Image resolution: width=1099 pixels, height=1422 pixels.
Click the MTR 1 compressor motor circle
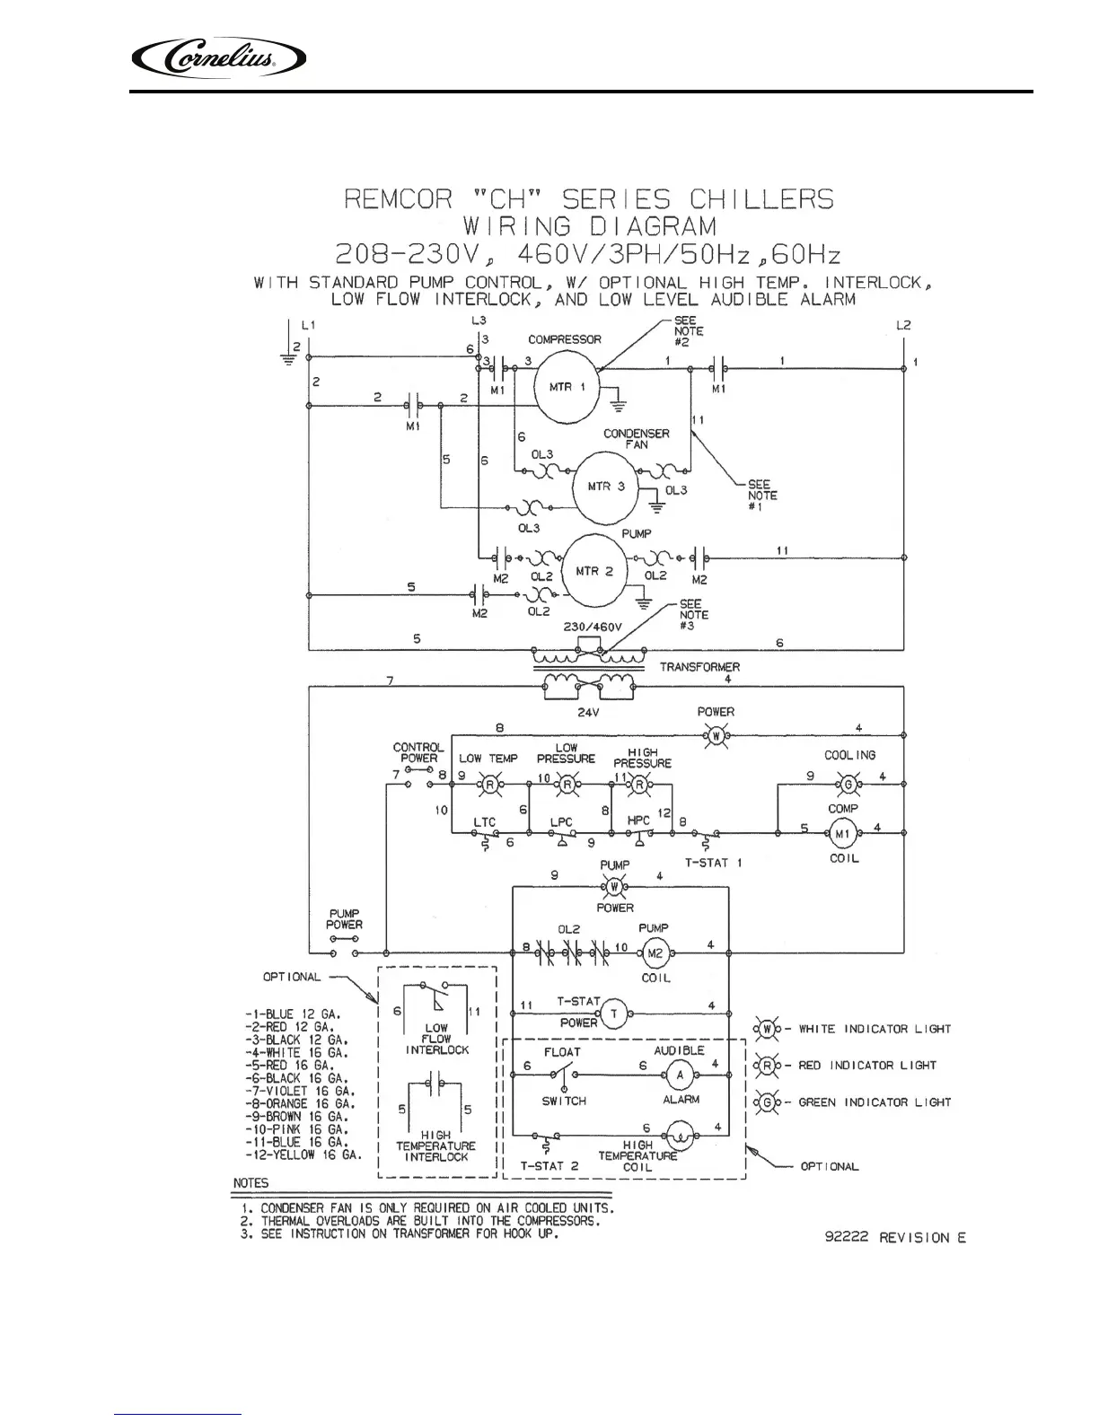pyautogui.click(x=567, y=386)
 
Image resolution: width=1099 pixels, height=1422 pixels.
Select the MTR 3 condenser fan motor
pyautogui.click(x=605, y=487)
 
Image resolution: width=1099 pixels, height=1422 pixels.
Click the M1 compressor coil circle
pyautogui.click(x=842, y=834)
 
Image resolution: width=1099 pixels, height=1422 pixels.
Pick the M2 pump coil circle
pyautogui.click(x=655, y=953)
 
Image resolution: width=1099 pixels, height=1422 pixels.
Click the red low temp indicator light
pyautogui.click(x=490, y=784)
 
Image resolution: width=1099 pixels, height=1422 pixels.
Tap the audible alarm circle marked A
pyautogui.click(x=680, y=1074)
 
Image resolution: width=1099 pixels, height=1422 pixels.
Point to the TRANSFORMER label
pyautogui.click(x=699, y=667)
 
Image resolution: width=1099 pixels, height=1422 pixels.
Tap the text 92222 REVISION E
pyautogui.click(x=894, y=1238)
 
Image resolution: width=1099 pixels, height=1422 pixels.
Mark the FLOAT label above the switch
pyautogui.click(x=562, y=1051)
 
